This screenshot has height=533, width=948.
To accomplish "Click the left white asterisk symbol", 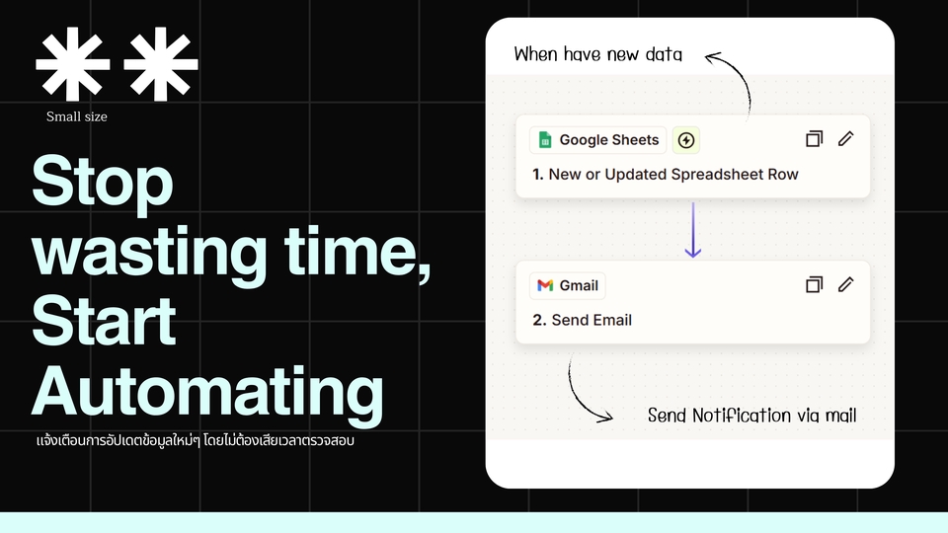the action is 72,63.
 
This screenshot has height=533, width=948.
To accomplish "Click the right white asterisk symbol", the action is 160,63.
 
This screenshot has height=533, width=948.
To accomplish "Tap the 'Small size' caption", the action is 77,116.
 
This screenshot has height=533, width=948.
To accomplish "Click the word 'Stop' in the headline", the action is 102,180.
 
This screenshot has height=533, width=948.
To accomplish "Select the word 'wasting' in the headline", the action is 149,251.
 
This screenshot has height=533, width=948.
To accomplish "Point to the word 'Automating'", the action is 207,391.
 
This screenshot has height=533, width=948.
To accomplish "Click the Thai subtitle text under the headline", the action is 196,440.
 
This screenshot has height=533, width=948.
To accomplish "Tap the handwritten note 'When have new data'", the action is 598,54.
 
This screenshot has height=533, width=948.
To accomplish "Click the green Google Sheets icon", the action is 545,140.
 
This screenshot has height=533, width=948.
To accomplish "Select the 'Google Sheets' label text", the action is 609,140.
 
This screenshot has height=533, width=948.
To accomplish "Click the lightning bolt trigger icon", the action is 685,140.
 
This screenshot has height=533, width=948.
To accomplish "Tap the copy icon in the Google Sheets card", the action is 815,139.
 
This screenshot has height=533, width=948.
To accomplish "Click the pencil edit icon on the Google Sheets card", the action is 846,139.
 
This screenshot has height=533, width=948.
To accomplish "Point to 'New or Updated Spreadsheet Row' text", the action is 673,175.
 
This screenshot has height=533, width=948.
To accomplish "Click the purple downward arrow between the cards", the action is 693,230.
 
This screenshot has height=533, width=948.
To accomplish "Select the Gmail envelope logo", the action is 545,285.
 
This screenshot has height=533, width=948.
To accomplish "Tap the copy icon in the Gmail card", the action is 815,284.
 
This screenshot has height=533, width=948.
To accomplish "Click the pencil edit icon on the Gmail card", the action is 846,284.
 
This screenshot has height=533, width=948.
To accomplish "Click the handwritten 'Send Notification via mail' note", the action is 752,416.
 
